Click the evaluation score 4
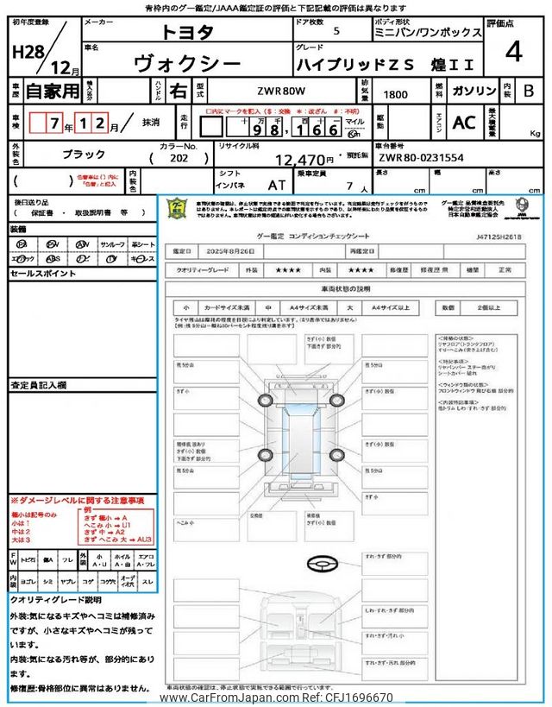click(x=514, y=53)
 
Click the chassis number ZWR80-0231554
click(x=421, y=159)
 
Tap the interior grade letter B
click(x=528, y=91)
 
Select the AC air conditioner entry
click(x=464, y=123)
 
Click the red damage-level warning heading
click(x=78, y=501)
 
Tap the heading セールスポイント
click(x=42, y=273)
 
